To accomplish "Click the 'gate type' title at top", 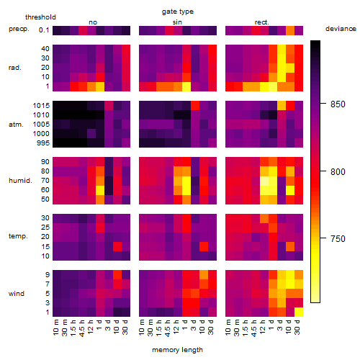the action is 178,12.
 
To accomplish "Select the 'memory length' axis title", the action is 177,350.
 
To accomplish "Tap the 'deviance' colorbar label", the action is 341,29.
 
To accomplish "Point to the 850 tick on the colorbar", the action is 323,104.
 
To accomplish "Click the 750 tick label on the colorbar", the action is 338,238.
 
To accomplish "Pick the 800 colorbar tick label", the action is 338,171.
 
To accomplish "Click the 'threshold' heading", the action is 40,17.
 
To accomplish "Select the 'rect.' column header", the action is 261,22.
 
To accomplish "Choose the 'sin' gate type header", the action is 177,22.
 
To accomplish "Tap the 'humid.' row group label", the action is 20,181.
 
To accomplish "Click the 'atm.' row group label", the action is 16,125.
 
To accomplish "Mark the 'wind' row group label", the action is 17,294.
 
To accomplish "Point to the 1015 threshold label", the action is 41,106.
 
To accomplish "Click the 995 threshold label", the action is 43,143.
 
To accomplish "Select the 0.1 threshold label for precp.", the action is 44,30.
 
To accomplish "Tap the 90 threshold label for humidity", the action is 45,162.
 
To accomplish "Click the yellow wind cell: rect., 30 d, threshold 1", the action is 299,312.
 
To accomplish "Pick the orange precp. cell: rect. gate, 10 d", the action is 290,30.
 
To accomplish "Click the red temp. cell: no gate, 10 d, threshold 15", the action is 117,246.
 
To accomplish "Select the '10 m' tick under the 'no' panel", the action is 56,328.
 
